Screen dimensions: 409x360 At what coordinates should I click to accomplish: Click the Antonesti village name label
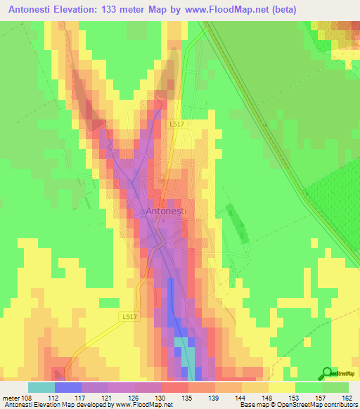166,210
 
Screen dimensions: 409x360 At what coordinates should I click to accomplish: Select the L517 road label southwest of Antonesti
127,317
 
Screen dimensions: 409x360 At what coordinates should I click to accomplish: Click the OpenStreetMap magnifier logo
328,373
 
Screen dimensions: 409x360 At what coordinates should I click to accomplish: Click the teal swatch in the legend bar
41,387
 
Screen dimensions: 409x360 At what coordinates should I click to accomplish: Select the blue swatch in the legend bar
68,387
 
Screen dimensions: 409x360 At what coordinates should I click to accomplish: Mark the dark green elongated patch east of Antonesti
237,223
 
